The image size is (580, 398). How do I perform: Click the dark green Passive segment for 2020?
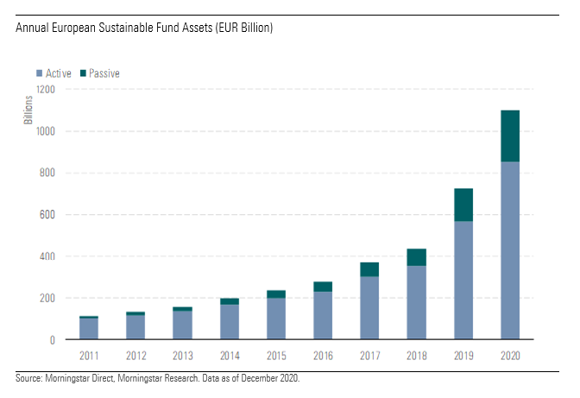coord(509,136)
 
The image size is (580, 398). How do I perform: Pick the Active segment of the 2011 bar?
coord(89,329)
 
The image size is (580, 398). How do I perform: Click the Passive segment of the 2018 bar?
coord(417,257)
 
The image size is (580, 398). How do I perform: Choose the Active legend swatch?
coord(38,73)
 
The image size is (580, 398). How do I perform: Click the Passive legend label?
coord(104,73)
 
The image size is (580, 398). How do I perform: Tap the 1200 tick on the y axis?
coord(46,90)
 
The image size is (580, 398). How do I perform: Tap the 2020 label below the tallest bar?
coord(509,355)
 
